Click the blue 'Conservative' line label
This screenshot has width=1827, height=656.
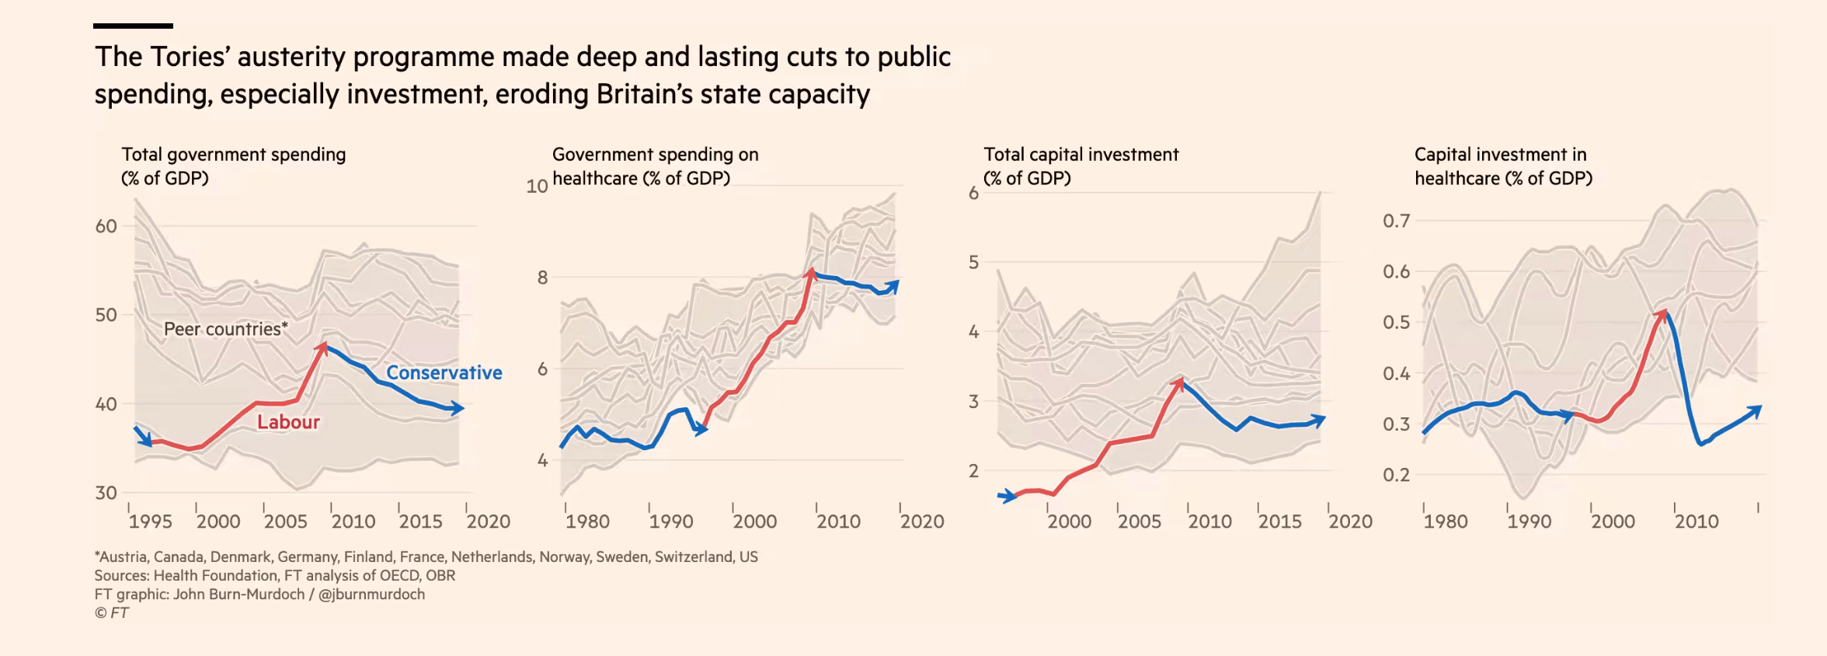tap(444, 373)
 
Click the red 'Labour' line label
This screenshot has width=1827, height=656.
tap(288, 422)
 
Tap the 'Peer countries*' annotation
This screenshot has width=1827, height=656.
tap(225, 330)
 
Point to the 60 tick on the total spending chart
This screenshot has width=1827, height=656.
tap(106, 226)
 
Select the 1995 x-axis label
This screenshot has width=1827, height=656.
tap(150, 522)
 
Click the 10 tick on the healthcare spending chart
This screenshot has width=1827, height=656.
tap(537, 187)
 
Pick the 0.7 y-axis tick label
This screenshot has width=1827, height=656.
tap(1396, 221)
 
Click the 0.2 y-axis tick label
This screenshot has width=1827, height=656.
tap(1396, 475)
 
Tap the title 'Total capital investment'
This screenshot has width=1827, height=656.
tap(1081, 155)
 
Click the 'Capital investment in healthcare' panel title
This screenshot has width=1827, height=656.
tap(1502, 166)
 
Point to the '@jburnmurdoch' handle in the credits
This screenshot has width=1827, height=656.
tap(371, 595)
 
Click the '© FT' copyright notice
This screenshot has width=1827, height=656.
tap(112, 613)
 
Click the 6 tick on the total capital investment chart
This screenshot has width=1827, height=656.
tap(973, 194)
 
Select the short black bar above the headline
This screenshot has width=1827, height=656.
tap(133, 26)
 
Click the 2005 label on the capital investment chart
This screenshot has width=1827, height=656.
tap(1139, 522)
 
